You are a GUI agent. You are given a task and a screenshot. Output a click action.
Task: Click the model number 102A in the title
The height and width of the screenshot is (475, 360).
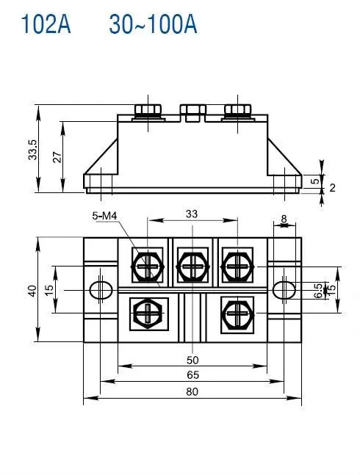[x=46, y=24]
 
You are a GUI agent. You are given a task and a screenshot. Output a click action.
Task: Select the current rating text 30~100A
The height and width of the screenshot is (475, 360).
[x=153, y=24]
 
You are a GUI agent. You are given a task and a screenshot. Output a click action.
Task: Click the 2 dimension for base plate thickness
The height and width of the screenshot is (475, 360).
[x=332, y=188]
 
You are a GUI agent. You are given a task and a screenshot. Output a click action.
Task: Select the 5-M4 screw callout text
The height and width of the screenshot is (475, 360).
[x=104, y=215]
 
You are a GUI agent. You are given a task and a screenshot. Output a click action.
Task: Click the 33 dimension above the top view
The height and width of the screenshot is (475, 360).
[x=192, y=214]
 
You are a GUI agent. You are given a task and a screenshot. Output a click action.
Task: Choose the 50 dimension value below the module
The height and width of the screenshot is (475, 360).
[x=192, y=360]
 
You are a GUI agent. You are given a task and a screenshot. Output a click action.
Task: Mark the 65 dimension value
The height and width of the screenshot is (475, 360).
[x=192, y=374]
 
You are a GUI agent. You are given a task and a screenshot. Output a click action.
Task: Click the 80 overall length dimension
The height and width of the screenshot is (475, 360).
[x=192, y=392]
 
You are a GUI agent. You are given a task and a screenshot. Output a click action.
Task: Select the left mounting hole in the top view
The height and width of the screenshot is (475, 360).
[x=98, y=289]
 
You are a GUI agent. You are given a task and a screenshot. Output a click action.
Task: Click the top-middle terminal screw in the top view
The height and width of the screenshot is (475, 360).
[x=192, y=264]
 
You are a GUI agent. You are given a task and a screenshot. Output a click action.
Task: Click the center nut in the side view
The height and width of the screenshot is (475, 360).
[x=192, y=112]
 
